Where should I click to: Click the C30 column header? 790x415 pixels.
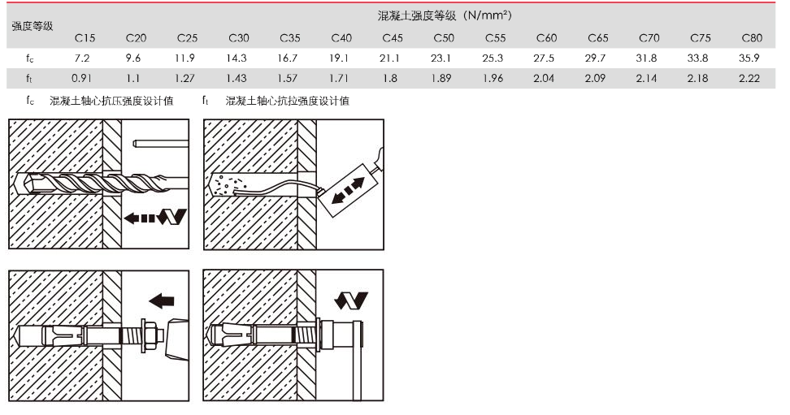tap(238, 38)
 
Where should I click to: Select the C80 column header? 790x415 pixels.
tap(752, 38)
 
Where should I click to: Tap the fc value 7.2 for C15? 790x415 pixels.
tap(81, 58)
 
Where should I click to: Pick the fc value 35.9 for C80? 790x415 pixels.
tap(749, 58)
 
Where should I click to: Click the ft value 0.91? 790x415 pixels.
tap(81, 78)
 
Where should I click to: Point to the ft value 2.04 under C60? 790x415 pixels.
tap(544, 78)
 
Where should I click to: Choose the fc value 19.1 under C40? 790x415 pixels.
tap(339, 58)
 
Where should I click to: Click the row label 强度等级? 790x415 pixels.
tap(33, 26)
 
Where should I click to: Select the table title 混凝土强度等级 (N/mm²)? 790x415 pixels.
tap(445, 15)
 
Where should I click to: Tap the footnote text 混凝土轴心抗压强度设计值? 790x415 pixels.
tap(111, 101)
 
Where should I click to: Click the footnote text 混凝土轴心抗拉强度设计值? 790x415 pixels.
tap(287, 101)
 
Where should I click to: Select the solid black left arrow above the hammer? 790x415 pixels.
tap(162, 301)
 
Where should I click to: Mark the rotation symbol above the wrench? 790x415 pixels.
tap(351, 300)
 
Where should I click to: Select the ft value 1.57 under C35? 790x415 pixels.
tap(287, 78)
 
